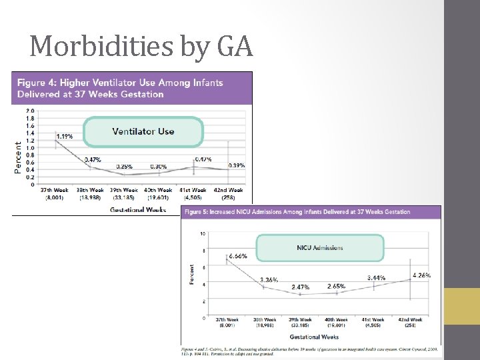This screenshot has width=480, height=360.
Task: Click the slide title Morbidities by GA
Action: coord(141,46)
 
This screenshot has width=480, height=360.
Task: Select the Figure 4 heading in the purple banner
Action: coord(120,88)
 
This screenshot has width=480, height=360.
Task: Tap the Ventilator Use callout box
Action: coord(143,131)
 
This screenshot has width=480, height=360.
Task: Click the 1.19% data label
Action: coord(65,136)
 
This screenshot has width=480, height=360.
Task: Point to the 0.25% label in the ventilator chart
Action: coord(124,166)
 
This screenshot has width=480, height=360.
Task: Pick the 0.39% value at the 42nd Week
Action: coord(236,165)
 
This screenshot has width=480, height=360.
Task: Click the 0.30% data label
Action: coord(159,166)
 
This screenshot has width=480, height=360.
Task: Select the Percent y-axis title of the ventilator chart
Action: coord(17,157)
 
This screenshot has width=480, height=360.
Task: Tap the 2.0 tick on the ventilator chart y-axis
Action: coord(31,111)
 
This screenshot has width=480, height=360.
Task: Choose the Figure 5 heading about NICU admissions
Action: coord(297,212)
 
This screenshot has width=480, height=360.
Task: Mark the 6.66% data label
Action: coord(238,255)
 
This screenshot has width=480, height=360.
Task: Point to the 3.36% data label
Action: coord(269,280)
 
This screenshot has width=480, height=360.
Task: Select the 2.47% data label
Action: coord(301,287)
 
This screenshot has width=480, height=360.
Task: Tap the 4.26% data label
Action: coord(422,275)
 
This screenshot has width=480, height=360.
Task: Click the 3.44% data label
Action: coord(377,277)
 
